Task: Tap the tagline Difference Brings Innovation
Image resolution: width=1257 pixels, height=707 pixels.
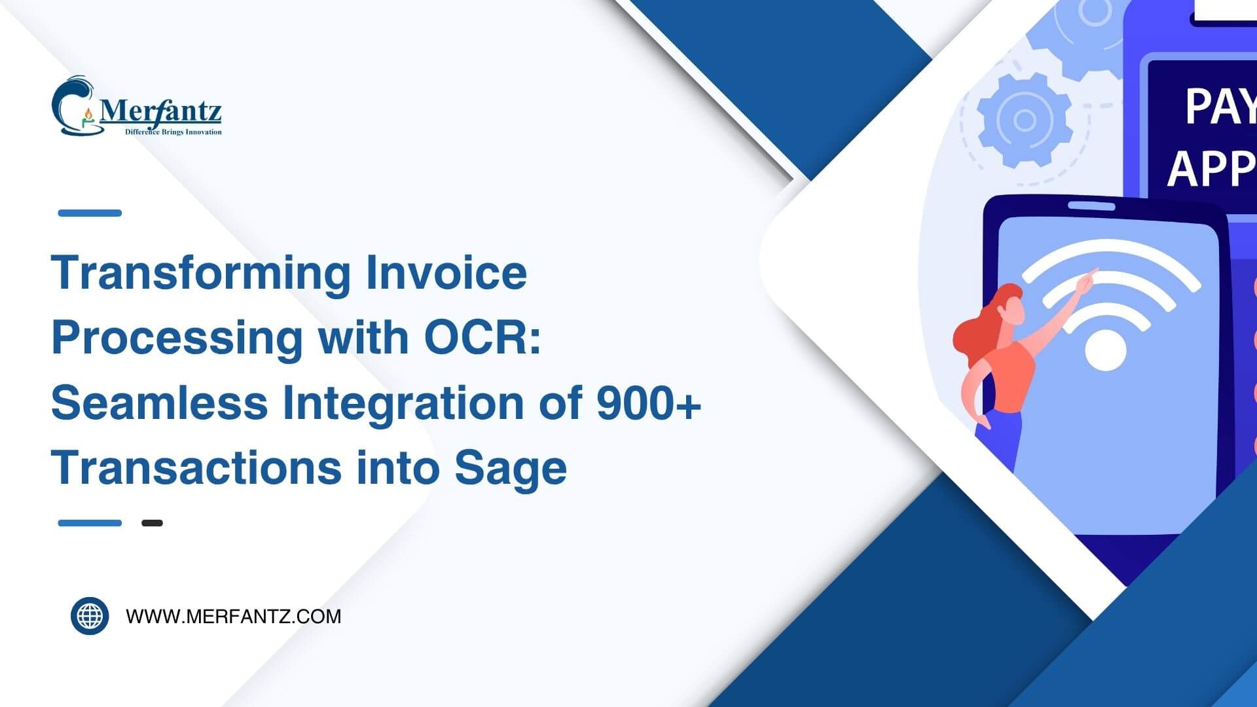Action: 173,132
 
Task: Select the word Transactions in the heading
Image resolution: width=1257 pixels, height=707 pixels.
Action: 196,468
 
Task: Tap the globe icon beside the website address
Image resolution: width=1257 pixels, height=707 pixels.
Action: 90,616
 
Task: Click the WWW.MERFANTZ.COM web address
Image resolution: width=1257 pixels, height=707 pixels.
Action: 234,617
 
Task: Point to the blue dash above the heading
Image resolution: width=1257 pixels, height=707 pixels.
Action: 90,213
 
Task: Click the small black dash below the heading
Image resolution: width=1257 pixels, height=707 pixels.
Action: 152,523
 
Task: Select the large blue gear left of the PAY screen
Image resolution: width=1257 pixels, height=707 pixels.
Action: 1024,120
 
